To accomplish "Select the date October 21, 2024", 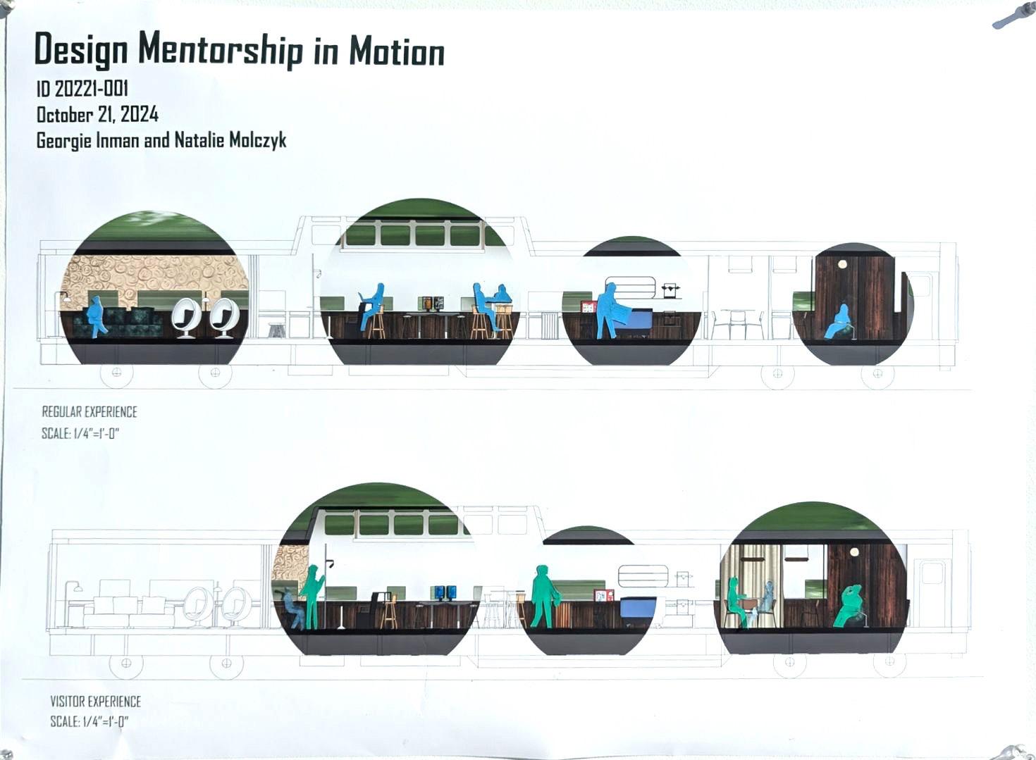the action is (x=97, y=114).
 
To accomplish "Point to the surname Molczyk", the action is (x=258, y=140).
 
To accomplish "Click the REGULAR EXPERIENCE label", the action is (x=90, y=411).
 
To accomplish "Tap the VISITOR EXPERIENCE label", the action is (x=95, y=701).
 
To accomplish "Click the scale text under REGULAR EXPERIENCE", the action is (x=80, y=433).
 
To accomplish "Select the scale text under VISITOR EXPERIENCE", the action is (x=89, y=721).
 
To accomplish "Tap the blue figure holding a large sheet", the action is (x=610, y=310).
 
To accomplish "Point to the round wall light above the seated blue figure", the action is (x=842, y=264).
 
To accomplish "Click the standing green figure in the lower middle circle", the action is (x=543, y=596).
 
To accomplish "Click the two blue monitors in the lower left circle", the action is (x=445, y=592).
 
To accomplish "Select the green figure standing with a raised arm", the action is (x=312, y=596).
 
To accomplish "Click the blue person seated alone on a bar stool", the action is (x=371, y=304).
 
